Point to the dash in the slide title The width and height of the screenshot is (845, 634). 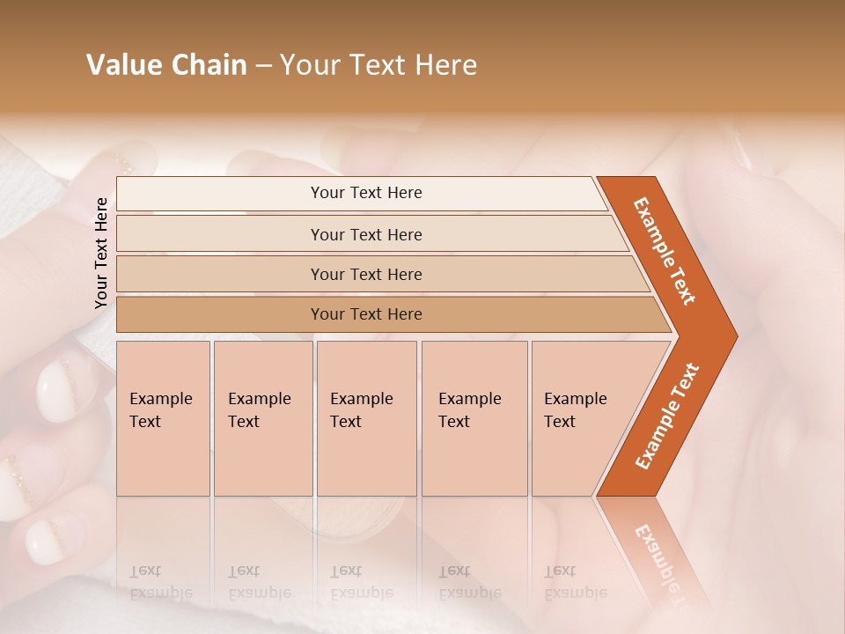click(264, 66)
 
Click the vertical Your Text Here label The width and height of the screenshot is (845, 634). click(101, 253)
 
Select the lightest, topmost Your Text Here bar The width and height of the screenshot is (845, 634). click(365, 193)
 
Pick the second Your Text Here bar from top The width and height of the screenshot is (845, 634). click(365, 234)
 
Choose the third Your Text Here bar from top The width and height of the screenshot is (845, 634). click(365, 274)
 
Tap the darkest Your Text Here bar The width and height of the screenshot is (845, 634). click(365, 314)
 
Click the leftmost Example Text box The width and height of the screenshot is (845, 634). click(163, 418)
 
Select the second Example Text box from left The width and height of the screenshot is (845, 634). click(262, 418)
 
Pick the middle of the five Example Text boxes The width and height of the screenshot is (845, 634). click(366, 418)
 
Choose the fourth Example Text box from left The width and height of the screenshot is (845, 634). click(474, 418)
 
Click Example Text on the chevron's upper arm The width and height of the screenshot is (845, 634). click(665, 251)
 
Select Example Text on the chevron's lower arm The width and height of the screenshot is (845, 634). click(667, 416)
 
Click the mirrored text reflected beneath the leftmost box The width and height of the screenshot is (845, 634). click(160, 582)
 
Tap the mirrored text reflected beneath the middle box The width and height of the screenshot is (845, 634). click(361, 582)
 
